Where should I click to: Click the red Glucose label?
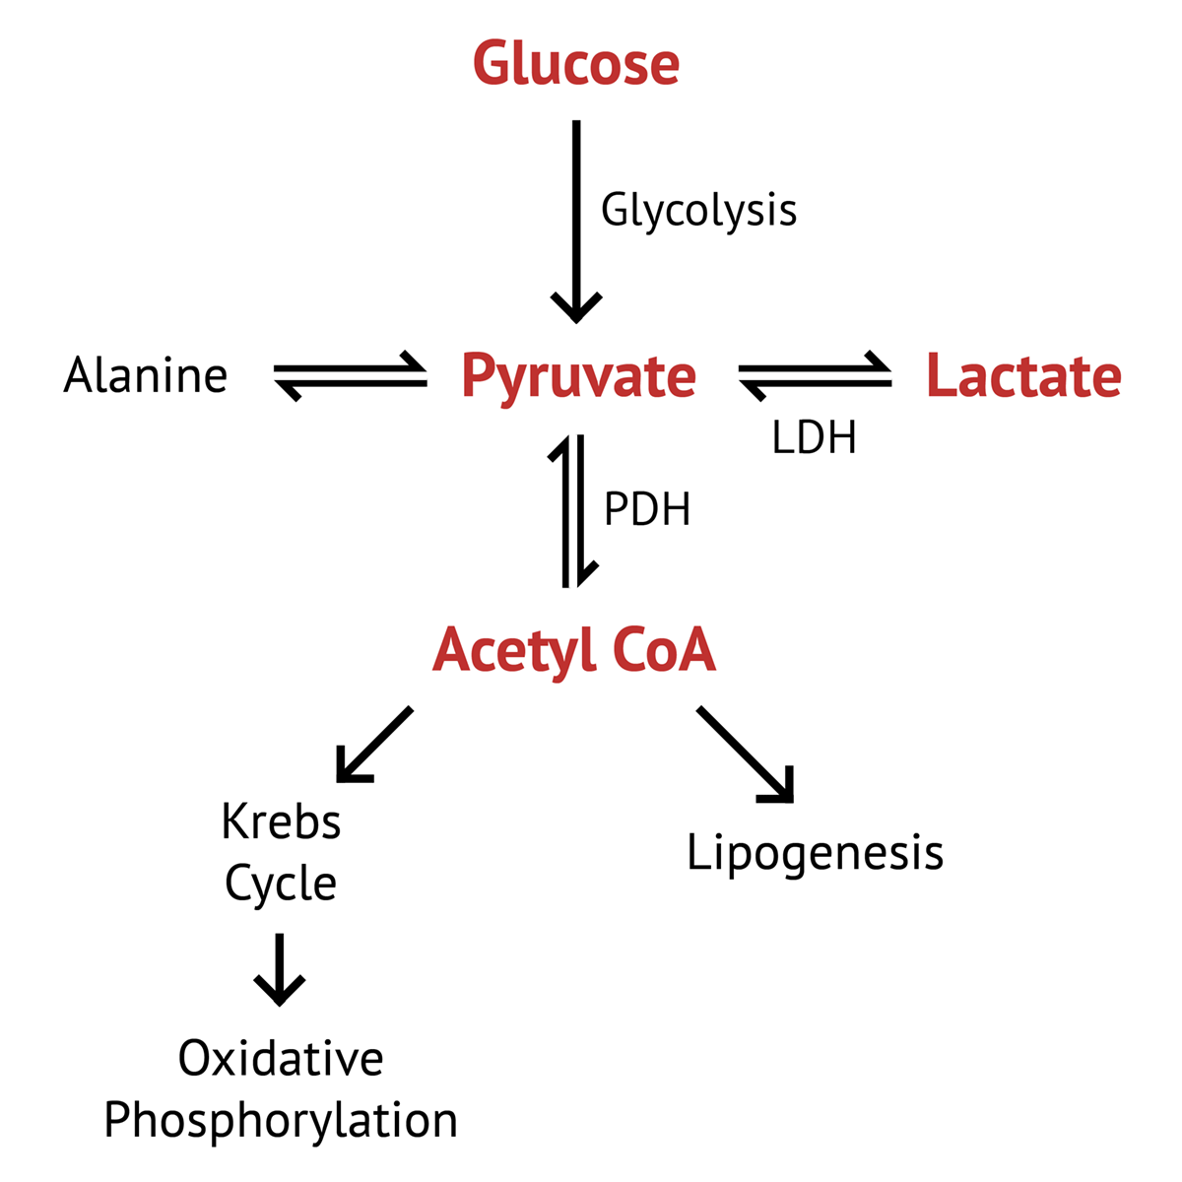(x=576, y=64)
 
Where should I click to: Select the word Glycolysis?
(x=698, y=210)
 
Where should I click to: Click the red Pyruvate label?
(x=578, y=376)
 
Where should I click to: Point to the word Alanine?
(x=146, y=376)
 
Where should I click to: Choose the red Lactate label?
(x=1023, y=376)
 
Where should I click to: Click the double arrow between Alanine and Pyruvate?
(x=350, y=376)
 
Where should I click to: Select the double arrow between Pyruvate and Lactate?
(x=815, y=376)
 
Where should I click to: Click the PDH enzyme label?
(x=647, y=510)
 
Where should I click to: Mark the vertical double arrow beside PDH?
(x=574, y=511)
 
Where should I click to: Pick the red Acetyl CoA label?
(x=574, y=651)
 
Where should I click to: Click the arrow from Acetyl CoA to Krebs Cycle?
(x=374, y=745)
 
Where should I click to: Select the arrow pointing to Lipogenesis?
(x=746, y=755)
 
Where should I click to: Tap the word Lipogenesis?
(x=815, y=853)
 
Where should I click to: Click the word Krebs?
(x=281, y=822)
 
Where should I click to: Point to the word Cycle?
(x=281, y=884)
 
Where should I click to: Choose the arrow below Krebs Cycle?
(x=280, y=969)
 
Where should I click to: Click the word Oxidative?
(x=281, y=1059)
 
